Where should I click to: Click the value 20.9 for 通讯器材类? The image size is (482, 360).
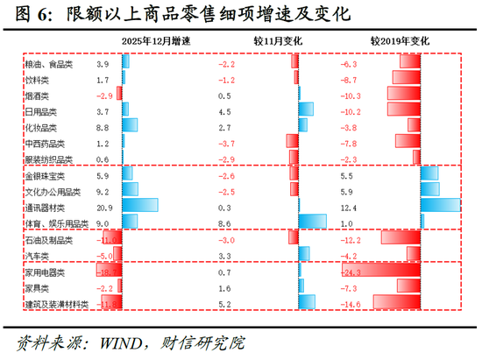click(x=104, y=207)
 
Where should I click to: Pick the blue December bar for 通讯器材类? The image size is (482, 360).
click(x=140, y=207)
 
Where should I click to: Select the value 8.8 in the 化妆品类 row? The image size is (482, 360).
click(x=103, y=128)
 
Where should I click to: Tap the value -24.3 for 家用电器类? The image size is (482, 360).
click(x=351, y=272)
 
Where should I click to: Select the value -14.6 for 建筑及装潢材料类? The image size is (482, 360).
click(x=351, y=304)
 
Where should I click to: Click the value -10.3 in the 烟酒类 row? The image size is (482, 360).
click(x=351, y=96)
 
